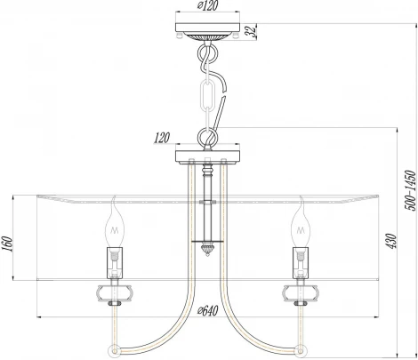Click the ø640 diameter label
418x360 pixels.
(x=209, y=310)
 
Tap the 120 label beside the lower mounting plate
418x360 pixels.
(x=160, y=139)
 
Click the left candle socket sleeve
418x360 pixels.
(x=115, y=263)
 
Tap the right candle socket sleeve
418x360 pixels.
(x=300, y=263)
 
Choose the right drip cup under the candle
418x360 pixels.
(x=300, y=291)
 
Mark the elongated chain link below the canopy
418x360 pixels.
(x=211, y=94)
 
